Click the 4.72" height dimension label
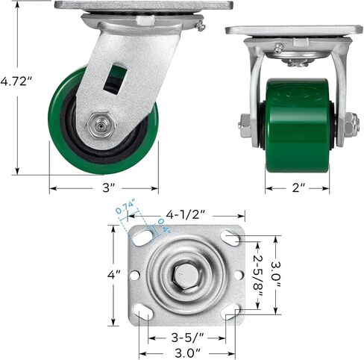tap(16, 81)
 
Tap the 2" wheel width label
tap(298, 188)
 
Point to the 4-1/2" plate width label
tap(186, 214)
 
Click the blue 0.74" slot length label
tap(125, 207)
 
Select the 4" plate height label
tap(114, 275)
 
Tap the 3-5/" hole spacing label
tap(187, 338)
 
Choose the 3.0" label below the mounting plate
tap(187, 353)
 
